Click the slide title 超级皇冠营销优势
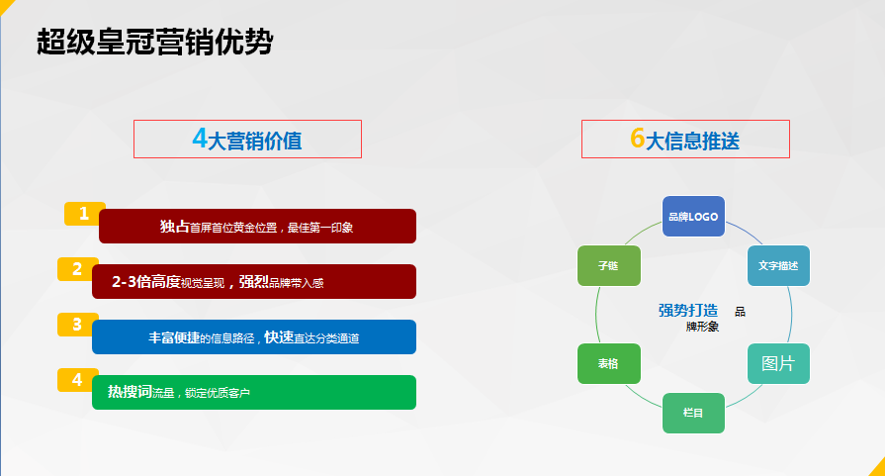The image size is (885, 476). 154,43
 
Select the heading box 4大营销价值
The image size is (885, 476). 247,139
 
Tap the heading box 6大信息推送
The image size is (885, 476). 685,139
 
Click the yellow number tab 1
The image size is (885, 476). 84,214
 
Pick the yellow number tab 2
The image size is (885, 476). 77,269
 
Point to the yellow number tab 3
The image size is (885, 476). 77,325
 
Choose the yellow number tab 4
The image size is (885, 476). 77,379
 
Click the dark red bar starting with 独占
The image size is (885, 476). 257,227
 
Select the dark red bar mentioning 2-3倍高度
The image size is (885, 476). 254,282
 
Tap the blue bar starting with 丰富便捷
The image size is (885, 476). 254,337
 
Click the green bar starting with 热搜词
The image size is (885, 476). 254,393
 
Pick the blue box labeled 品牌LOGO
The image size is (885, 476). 693,217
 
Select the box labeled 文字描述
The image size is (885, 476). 778,265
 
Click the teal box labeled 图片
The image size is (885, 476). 778,363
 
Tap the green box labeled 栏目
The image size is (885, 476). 693,413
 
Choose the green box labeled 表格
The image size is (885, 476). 609,363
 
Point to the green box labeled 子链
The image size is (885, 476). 609,265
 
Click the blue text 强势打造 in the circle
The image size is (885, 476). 688,310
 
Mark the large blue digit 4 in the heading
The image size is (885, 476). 200,138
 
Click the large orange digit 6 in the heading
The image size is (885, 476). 637,138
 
